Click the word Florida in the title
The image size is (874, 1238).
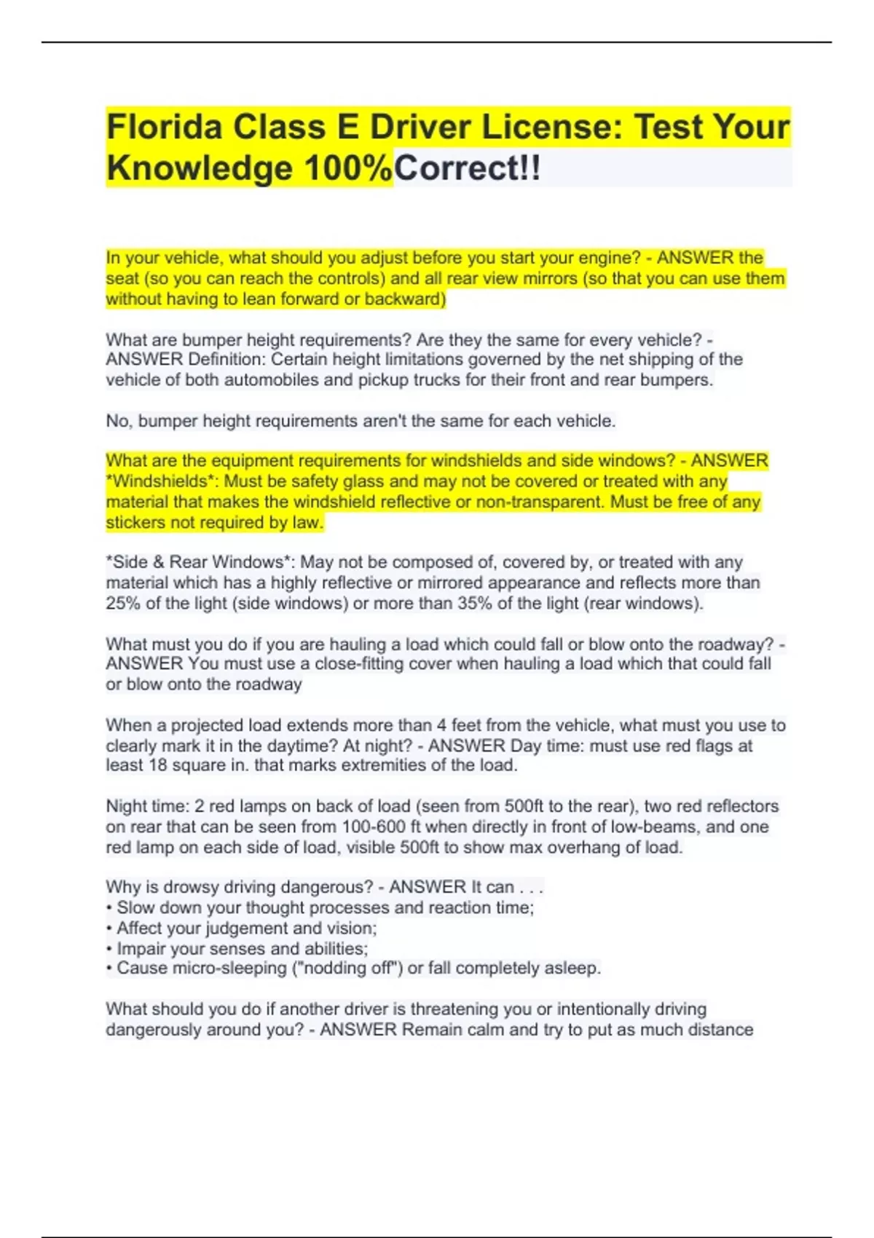pos(164,127)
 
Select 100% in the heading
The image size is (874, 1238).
pos(348,168)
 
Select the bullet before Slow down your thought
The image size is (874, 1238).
pos(109,908)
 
